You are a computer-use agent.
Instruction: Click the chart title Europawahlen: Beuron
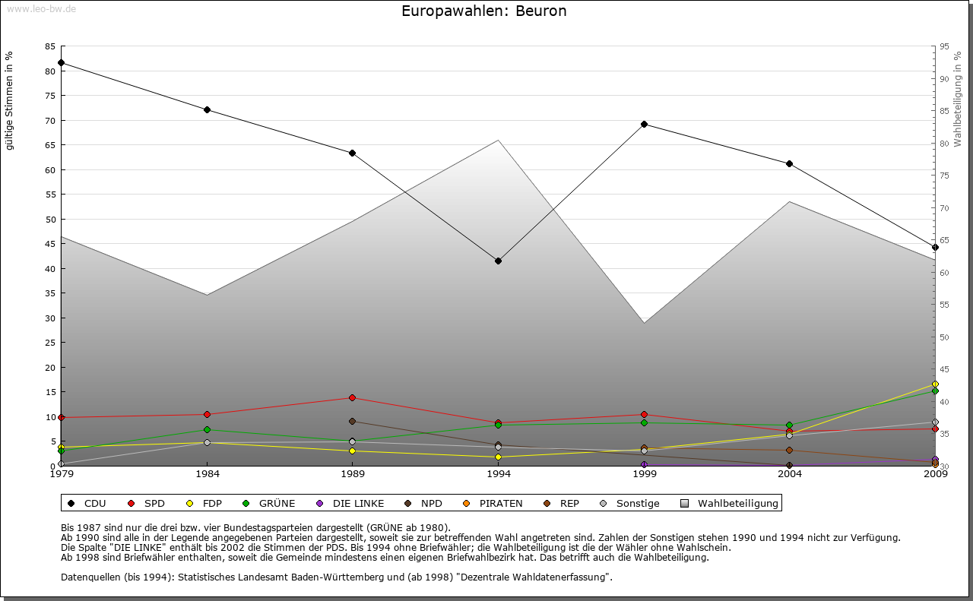click(483, 11)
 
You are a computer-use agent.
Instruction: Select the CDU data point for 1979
click(61, 62)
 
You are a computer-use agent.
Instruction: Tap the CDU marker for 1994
click(498, 261)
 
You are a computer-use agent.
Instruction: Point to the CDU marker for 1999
click(644, 124)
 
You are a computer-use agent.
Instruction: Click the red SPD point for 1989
click(352, 397)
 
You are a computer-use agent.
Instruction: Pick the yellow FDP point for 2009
click(935, 384)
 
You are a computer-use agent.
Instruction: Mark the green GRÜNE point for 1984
click(207, 430)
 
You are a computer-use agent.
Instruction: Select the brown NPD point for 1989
click(352, 421)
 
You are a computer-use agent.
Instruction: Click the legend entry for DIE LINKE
click(358, 503)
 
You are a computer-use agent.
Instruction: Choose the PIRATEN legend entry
click(500, 503)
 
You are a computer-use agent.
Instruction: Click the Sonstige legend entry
click(637, 503)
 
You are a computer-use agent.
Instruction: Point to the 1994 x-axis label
click(499, 475)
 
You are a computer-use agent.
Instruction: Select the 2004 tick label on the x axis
click(790, 475)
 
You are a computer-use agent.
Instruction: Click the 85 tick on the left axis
click(50, 46)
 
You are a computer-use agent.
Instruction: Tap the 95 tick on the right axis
click(944, 46)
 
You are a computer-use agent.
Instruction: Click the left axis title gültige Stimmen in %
click(10, 101)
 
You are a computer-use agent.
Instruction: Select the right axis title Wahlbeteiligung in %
click(957, 100)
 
